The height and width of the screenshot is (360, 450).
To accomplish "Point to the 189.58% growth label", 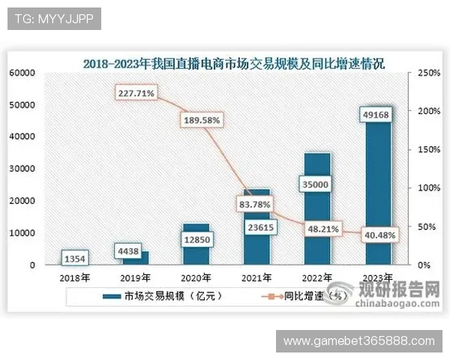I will point(200,119).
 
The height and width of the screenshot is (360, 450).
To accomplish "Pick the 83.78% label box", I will point(256,202).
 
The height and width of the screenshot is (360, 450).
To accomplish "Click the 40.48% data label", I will point(379,235).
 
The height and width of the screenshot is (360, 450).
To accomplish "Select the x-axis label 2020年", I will point(196,276).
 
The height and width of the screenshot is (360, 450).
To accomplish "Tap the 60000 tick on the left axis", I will point(22,73).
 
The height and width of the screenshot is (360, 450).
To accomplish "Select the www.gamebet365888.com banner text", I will point(358,341).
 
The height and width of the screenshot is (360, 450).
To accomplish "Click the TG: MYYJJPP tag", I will point(53,19).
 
